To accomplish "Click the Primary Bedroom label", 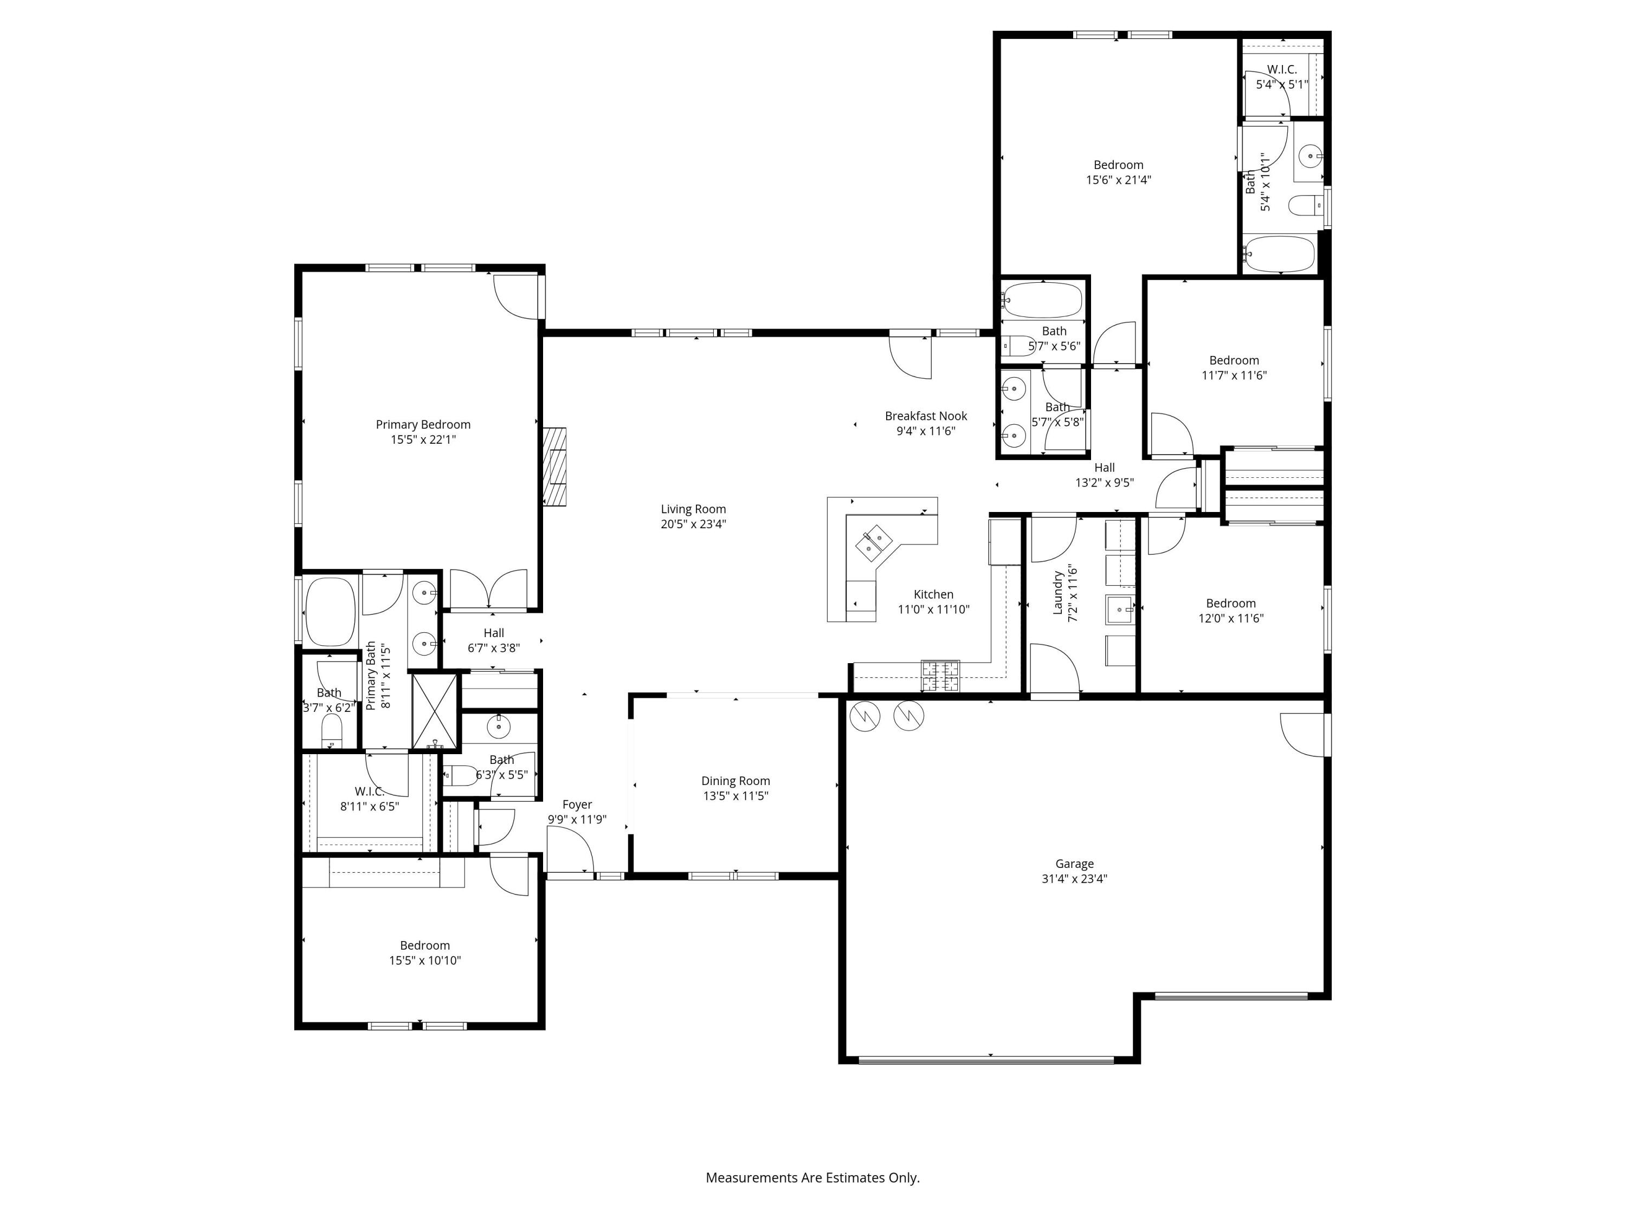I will (x=423, y=425).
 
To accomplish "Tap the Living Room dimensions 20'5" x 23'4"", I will (x=693, y=524).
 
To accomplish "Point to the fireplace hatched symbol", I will (x=555, y=466).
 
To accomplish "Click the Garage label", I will (x=1074, y=864).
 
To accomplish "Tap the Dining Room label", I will (x=735, y=781).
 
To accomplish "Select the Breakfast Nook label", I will (x=926, y=416).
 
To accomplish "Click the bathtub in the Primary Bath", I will (x=330, y=611).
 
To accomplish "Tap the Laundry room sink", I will (x=1120, y=609).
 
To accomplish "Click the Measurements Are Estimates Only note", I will (x=812, y=1177).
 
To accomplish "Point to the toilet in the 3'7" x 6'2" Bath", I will (x=332, y=730).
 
